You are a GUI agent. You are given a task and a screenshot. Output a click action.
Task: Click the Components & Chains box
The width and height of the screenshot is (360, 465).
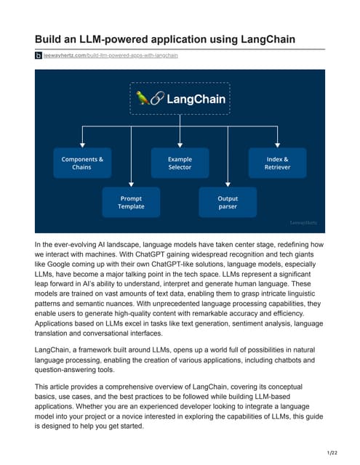pos(82,163)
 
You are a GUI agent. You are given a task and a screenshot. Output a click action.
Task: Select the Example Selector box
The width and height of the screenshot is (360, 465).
pos(180,163)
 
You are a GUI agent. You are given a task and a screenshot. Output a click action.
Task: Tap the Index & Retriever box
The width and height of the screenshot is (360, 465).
pos(277,163)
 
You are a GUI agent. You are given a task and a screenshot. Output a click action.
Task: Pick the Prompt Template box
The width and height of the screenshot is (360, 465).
pos(131,202)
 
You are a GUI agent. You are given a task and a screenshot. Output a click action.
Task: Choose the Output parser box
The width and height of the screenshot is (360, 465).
pos(228,202)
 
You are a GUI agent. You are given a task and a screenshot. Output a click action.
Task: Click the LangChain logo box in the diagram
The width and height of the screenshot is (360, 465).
pos(180,98)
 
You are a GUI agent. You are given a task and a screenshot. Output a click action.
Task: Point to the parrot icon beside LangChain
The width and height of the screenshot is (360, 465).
pos(143,98)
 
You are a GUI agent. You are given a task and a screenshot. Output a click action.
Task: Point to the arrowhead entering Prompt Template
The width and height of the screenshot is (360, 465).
pos(131,185)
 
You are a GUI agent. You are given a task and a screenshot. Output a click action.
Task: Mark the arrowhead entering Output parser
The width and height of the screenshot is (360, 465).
pos(228,185)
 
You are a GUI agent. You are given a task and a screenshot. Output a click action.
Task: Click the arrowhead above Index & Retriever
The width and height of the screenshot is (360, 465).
pos(277,145)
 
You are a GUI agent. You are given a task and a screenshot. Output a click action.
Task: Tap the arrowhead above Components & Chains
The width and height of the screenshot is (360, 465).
pos(82,145)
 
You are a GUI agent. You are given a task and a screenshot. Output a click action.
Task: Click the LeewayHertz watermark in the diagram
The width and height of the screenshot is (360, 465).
pos(308,223)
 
